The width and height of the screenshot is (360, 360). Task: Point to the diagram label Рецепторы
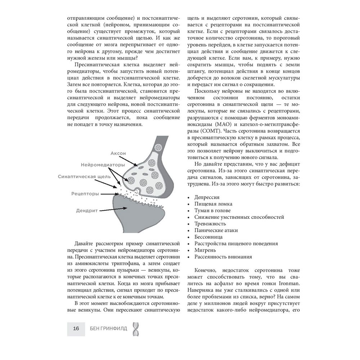pos(85,193)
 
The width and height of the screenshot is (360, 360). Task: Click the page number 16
pos(76,328)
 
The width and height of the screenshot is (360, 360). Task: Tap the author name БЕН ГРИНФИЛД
pos(107,328)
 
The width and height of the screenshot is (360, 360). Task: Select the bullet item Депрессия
pos(207,198)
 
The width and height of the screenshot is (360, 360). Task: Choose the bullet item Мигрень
pos(205,250)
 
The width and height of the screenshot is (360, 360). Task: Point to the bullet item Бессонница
pos(208,237)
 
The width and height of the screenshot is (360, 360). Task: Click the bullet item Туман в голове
pos(212,211)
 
